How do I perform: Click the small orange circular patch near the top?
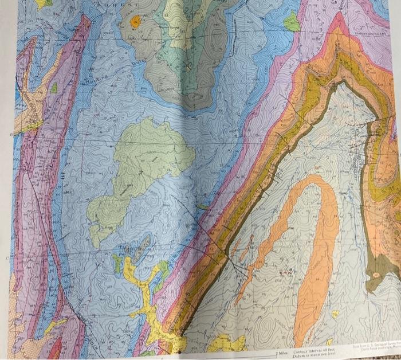[135, 22]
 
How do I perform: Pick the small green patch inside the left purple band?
[53, 88]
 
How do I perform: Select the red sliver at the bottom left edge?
[57, 347]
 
